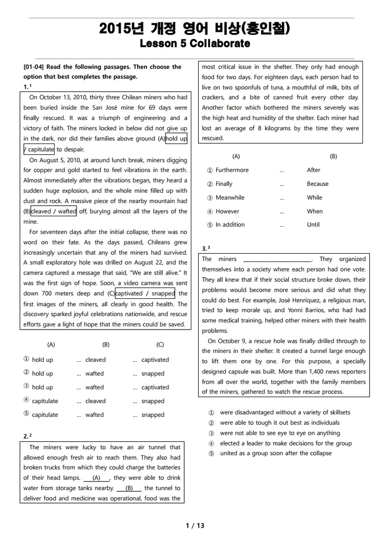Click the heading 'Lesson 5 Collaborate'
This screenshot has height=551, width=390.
195,44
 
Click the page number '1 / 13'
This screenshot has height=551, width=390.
195,526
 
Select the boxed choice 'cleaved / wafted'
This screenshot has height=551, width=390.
54,211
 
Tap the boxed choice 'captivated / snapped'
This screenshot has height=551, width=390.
145,293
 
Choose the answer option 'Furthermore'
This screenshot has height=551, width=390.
232,170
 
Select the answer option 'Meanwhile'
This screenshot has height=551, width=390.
230,198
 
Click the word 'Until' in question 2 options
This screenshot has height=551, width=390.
313,225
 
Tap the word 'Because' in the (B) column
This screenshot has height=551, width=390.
317,183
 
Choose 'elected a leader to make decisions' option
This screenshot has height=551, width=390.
285,443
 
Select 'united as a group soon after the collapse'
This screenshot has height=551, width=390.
276,453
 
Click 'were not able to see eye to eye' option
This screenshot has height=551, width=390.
280,433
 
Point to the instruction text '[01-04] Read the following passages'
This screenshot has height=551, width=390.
102,67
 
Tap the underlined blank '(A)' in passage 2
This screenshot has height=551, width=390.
96,478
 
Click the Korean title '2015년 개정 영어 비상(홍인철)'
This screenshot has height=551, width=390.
195,29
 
